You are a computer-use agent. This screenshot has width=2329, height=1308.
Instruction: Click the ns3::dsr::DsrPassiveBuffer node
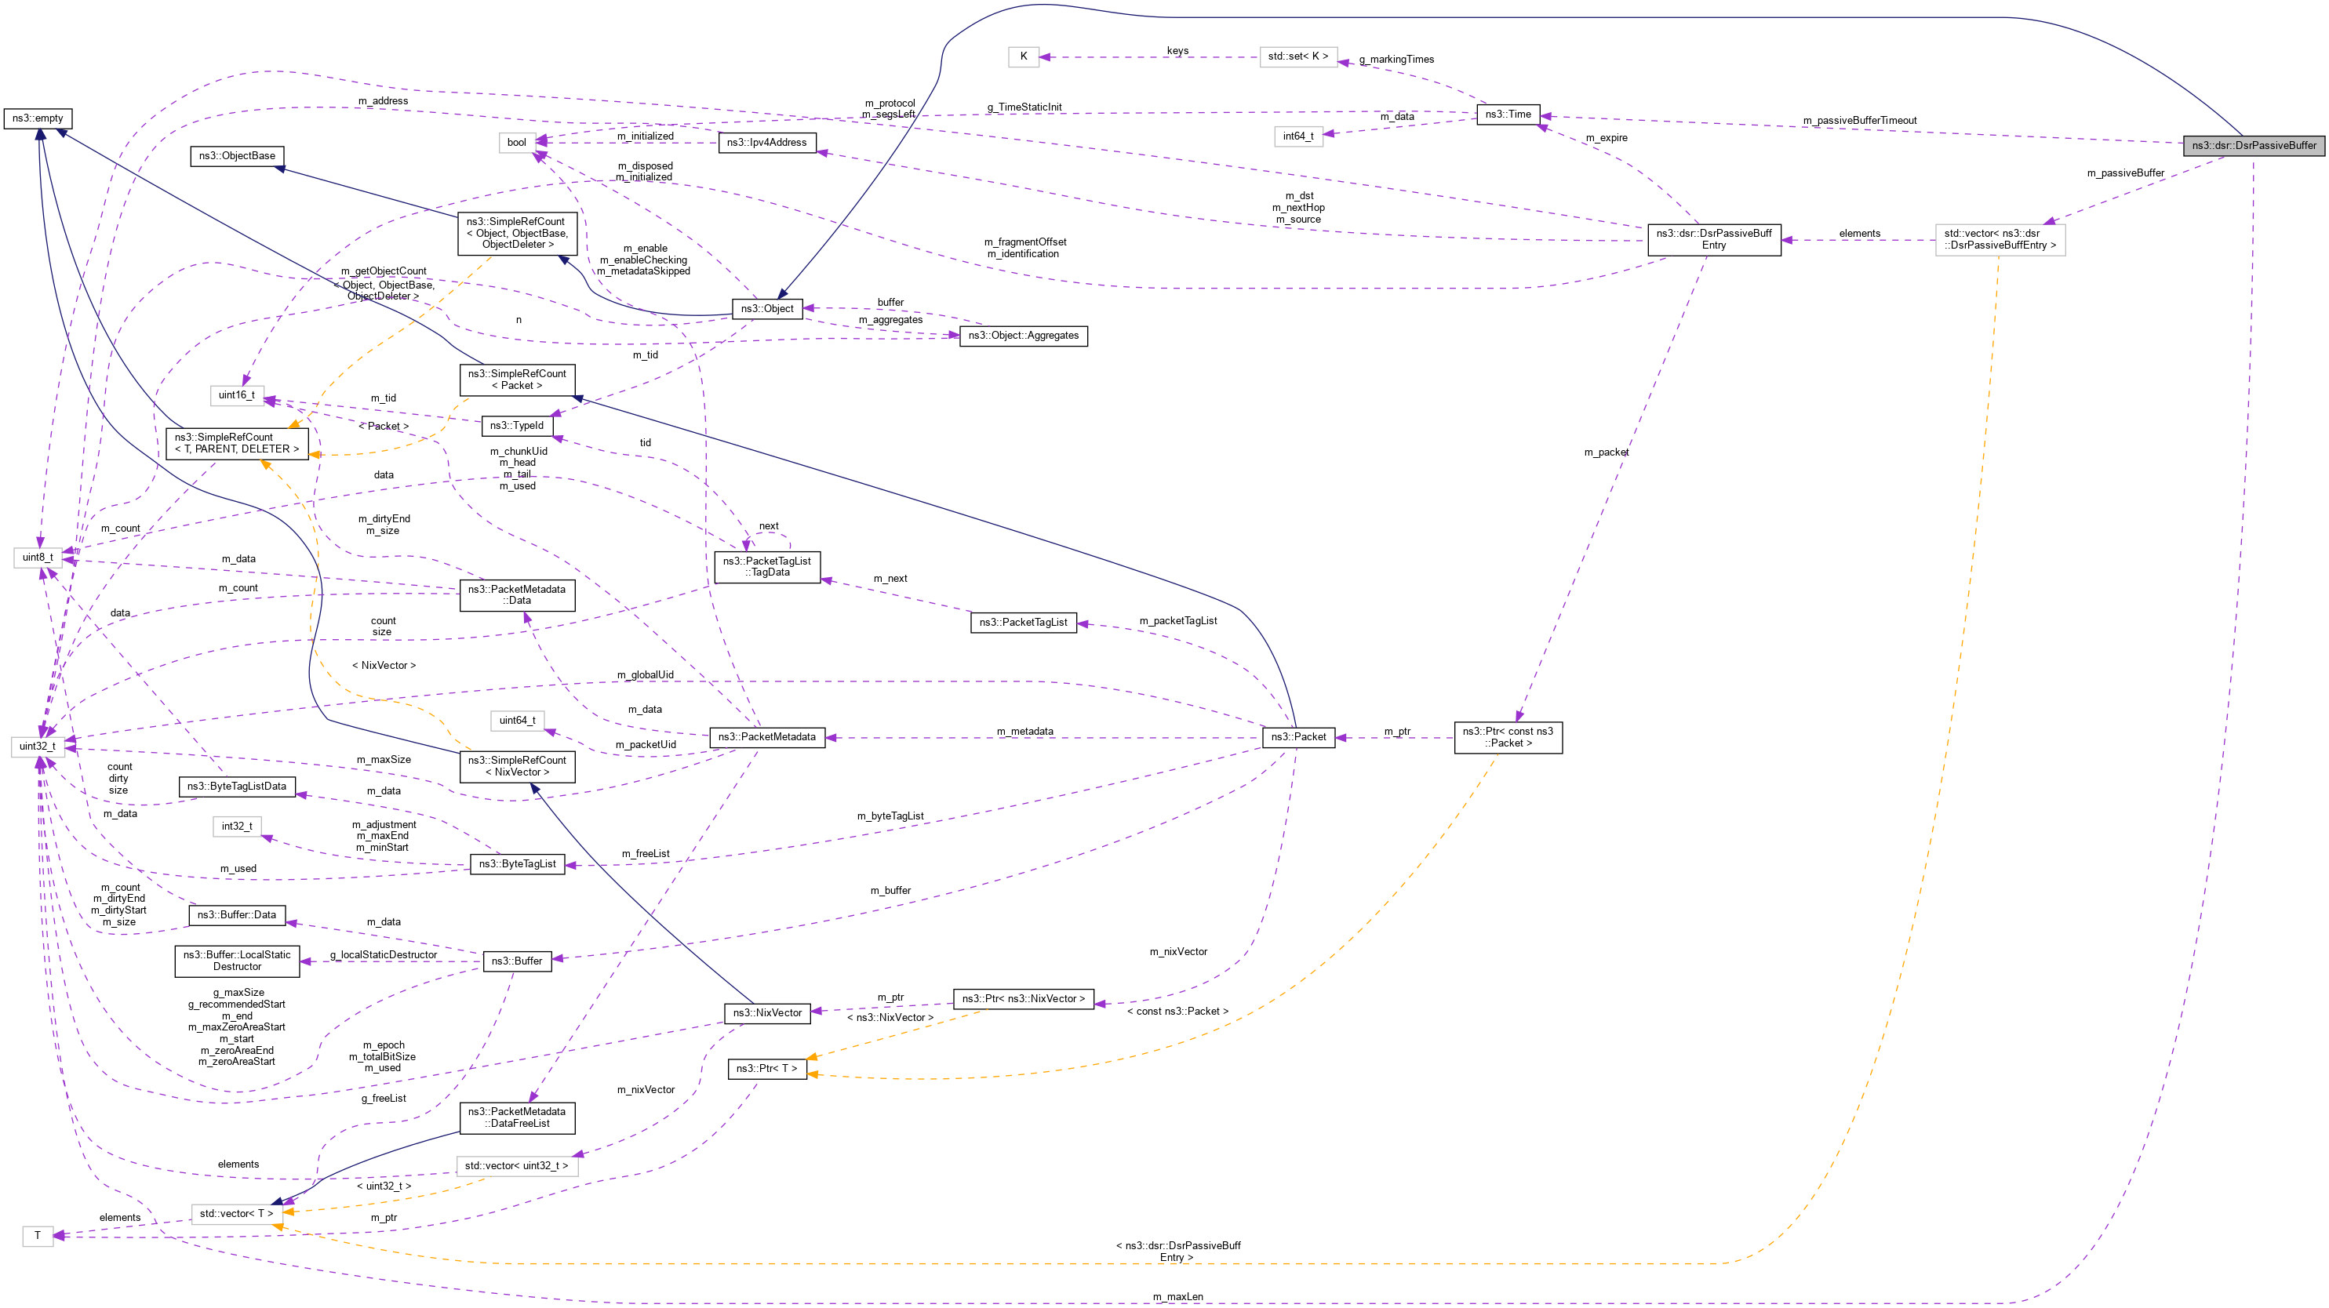point(2253,146)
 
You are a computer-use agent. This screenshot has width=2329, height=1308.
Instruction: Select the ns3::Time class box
point(1507,114)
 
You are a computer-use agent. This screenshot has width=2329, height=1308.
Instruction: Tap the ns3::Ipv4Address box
point(766,143)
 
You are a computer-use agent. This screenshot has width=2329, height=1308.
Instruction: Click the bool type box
point(516,143)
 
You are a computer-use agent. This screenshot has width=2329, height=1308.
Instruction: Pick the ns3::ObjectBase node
point(237,156)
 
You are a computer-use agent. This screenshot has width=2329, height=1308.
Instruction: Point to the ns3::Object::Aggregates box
point(1023,336)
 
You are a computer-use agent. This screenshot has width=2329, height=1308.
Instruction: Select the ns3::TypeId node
point(516,426)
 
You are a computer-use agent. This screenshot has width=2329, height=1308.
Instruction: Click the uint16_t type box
point(237,395)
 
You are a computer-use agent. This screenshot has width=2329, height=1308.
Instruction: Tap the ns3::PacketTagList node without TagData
point(1023,623)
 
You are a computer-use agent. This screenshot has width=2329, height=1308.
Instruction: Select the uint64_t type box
point(516,721)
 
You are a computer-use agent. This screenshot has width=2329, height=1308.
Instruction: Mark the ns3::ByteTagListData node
point(237,787)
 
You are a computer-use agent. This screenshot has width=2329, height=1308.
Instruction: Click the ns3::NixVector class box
point(766,1013)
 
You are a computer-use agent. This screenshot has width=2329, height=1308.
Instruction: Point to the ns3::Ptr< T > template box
point(766,1070)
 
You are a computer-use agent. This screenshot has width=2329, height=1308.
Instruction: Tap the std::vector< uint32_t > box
point(516,1166)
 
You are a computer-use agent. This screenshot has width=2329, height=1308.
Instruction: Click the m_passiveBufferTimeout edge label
point(1859,120)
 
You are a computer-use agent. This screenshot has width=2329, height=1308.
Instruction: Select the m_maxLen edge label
point(1177,1297)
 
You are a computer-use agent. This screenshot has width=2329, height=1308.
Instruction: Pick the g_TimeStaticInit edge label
point(1024,107)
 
